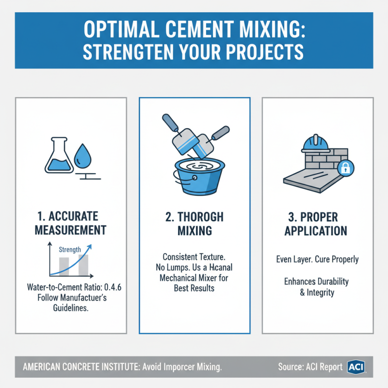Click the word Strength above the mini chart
pos(70,249)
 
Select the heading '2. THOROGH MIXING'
pos(194,223)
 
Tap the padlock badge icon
pos(346,168)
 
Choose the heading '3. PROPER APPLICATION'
pos(316,223)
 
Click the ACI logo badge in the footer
pos(356,367)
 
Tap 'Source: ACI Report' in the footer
pos(310,367)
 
